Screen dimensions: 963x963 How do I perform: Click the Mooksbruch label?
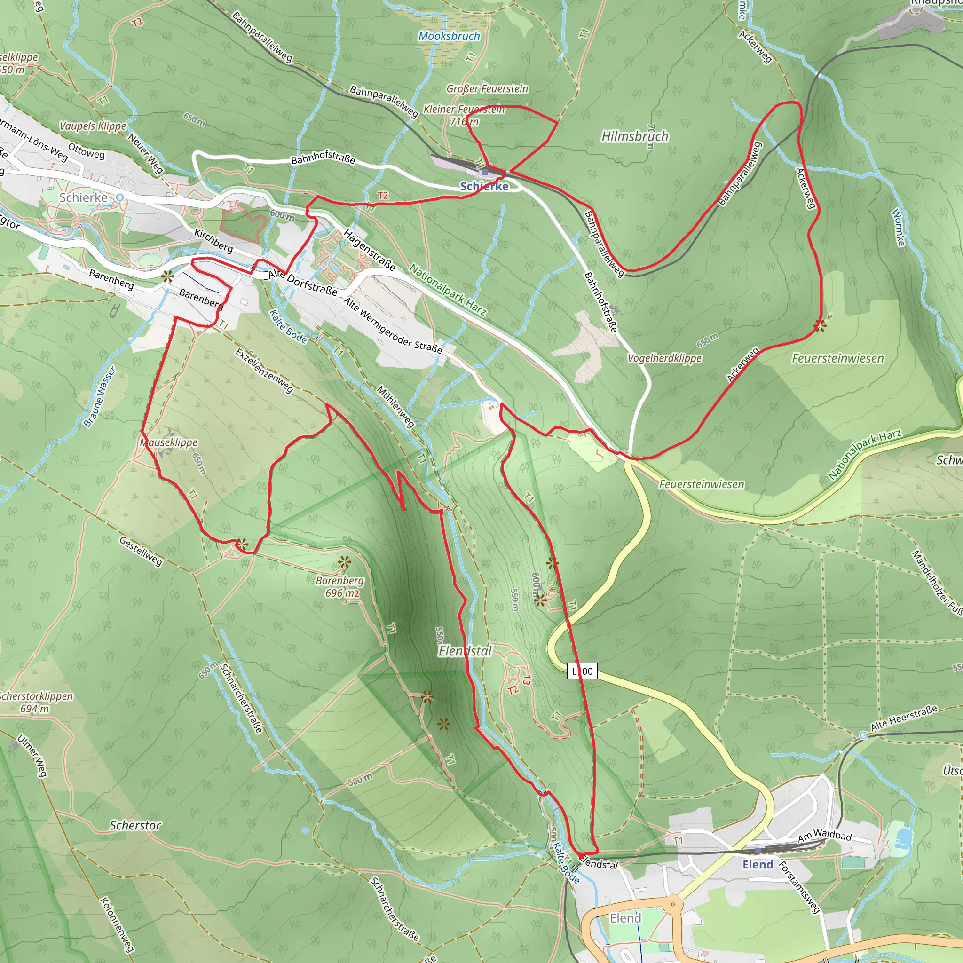pyautogui.click(x=449, y=36)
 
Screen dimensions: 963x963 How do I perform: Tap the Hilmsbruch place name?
pyautogui.click(x=634, y=136)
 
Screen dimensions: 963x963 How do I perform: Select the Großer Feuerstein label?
pyautogui.click(x=487, y=89)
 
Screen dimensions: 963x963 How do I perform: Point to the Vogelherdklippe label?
pyautogui.click(x=664, y=358)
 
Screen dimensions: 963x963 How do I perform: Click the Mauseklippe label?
pyautogui.click(x=169, y=442)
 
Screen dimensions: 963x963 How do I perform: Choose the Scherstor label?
pyautogui.click(x=135, y=825)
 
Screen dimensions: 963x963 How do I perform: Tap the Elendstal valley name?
pyautogui.click(x=465, y=650)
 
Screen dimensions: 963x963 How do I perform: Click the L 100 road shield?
pyautogui.click(x=582, y=671)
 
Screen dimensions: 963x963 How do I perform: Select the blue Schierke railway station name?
pyautogui.click(x=484, y=186)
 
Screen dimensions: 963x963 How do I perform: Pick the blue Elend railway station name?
pyautogui.click(x=758, y=864)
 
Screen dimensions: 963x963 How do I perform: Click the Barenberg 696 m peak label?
pyautogui.click(x=340, y=587)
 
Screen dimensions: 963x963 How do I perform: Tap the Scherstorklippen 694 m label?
pyautogui.click(x=36, y=702)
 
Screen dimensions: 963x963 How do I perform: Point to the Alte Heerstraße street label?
pyautogui.click(x=904, y=718)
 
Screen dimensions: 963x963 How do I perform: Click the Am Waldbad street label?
pyautogui.click(x=825, y=835)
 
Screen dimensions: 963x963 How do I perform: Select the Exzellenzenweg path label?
pyautogui.click(x=264, y=371)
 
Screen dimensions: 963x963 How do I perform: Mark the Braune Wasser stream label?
pyautogui.click(x=99, y=397)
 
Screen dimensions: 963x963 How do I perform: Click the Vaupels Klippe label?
pyautogui.click(x=93, y=126)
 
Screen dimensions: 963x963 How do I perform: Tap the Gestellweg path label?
pyautogui.click(x=141, y=551)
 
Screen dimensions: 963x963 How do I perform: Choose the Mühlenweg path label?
pyautogui.click(x=395, y=406)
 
